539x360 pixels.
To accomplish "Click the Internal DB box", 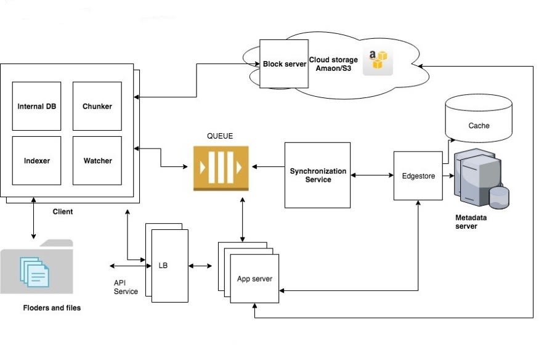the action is pyautogui.click(x=36, y=106).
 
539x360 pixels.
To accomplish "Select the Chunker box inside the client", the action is pyautogui.click(x=97, y=106).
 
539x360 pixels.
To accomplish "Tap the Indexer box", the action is pyautogui.click(x=36, y=160).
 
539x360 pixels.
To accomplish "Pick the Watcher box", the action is pyautogui.click(x=97, y=160).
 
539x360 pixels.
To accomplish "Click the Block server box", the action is pyautogui.click(x=284, y=64).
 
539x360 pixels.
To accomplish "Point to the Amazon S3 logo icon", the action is pyautogui.click(x=378, y=61).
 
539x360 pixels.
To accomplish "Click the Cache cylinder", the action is pyautogui.click(x=479, y=118).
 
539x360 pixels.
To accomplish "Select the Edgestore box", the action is pyautogui.click(x=418, y=176).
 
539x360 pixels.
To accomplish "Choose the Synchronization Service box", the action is pyautogui.click(x=318, y=175).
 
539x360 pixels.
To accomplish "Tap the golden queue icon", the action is pyautogui.click(x=221, y=168).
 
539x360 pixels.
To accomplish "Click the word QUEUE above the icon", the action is pyautogui.click(x=220, y=136).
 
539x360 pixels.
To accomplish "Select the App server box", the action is pyautogui.click(x=254, y=279).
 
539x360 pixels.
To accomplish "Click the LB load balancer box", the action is pyautogui.click(x=170, y=266).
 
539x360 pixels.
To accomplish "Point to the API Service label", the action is pyautogui.click(x=126, y=287).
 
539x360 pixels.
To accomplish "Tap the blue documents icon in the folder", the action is pyautogui.click(x=34, y=272).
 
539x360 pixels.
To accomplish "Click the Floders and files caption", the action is pyautogui.click(x=52, y=308).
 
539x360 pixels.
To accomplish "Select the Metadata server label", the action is pyautogui.click(x=471, y=222).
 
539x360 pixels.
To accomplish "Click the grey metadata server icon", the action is pyautogui.click(x=481, y=178).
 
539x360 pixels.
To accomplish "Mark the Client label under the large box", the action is pyautogui.click(x=63, y=211).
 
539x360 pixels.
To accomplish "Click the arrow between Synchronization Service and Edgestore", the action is pyautogui.click(x=372, y=175).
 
